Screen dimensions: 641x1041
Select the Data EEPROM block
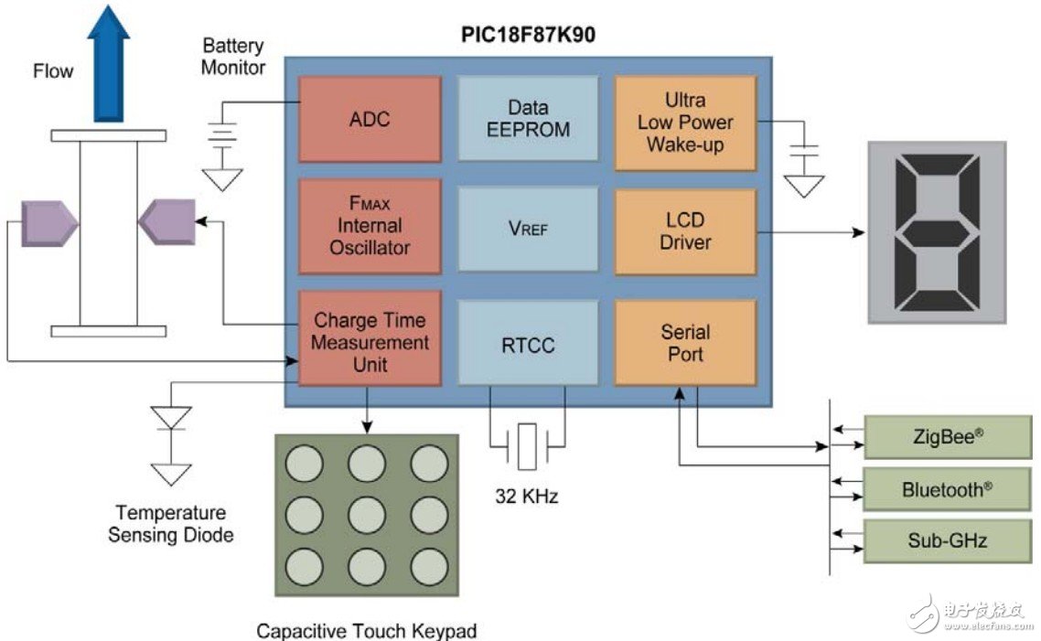pos(527,119)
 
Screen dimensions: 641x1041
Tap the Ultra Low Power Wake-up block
pos(685,123)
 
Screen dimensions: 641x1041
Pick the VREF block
pos(527,229)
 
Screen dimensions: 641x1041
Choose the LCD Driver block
pos(685,231)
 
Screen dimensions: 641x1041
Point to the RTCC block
pos(527,346)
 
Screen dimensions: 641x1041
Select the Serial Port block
pos(685,342)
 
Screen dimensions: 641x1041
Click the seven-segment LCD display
pos(936,232)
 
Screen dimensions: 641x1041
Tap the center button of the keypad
pos(365,515)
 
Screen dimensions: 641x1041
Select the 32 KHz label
pos(526,497)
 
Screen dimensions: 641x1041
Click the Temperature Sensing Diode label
pos(171,524)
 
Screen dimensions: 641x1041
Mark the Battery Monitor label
pos(233,56)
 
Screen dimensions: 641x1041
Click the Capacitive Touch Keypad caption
pos(366,630)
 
